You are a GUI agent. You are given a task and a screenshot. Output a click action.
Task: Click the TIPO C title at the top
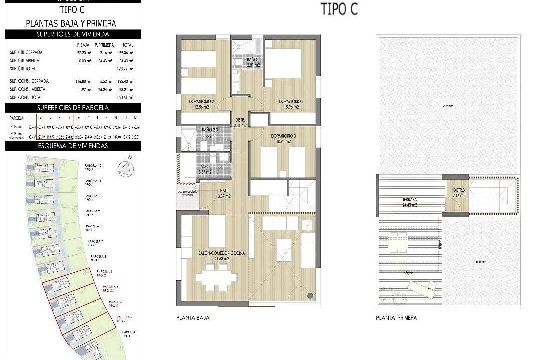point(339,9)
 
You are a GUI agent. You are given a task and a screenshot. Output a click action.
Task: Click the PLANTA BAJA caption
point(193,318)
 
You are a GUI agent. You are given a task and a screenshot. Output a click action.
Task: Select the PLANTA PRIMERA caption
point(396,318)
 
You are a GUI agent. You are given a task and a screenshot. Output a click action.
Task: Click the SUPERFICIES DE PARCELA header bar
point(72,108)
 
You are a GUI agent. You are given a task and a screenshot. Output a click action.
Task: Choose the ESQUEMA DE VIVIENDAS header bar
point(72,146)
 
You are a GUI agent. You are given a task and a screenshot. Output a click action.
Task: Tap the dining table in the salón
point(217,276)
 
